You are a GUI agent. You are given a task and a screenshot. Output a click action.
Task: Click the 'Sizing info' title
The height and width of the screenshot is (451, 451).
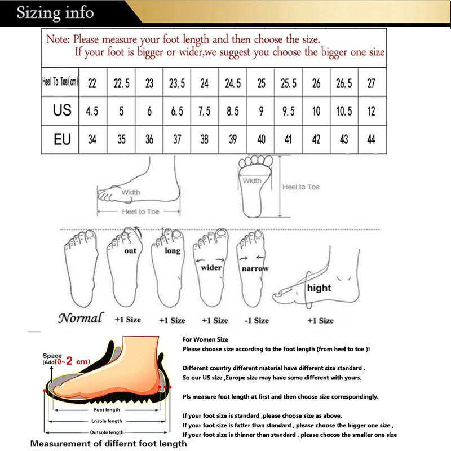(55, 13)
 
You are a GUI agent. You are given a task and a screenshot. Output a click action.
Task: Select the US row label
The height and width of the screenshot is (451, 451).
(62, 110)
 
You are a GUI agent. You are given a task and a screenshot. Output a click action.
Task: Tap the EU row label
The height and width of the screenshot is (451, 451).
(62, 139)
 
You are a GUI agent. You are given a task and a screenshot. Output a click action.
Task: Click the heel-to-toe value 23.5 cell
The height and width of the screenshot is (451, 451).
(176, 83)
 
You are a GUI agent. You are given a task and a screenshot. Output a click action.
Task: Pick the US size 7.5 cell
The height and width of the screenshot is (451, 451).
(205, 111)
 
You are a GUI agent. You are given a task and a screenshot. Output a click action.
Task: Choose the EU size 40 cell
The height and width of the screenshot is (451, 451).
(261, 139)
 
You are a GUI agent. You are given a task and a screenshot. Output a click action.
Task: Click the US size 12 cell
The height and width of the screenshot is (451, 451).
(371, 111)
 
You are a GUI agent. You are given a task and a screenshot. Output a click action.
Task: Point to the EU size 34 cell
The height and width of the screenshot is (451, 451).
(92, 139)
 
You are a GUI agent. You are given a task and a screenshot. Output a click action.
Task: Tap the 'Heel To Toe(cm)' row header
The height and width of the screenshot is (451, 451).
(60, 82)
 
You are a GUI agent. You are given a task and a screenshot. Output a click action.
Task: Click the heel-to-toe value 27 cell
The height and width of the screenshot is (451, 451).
(371, 83)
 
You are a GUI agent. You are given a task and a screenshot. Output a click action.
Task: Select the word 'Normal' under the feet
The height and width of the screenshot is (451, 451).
(80, 318)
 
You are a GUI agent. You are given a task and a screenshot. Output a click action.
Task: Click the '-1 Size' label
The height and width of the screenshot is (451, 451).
(257, 320)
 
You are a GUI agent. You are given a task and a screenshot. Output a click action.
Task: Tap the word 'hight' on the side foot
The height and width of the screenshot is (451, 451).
(319, 288)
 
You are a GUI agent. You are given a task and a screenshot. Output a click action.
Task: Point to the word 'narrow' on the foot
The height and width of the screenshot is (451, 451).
(255, 269)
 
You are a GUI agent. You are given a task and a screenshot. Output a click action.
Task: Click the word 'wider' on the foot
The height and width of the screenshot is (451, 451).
(211, 268)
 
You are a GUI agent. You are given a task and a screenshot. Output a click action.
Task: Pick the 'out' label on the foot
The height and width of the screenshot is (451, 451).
(130, 251)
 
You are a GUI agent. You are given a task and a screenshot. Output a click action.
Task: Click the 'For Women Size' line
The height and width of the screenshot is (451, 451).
(205, 340)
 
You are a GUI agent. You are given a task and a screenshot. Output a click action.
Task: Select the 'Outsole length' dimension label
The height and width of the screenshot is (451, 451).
(107, 432)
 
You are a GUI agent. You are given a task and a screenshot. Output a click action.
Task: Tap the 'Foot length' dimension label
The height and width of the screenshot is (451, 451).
(107, 410)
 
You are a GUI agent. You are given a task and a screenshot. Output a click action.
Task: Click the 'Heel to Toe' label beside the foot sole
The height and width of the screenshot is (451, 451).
(301, 187)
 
